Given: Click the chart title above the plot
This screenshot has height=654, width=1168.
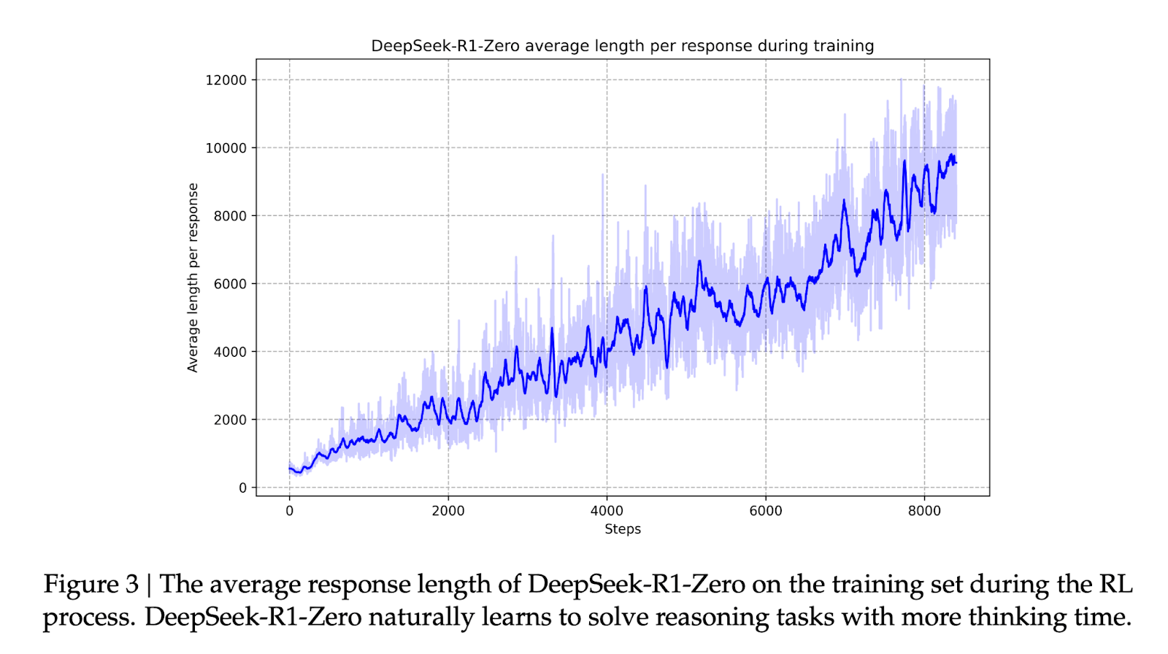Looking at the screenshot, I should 622,46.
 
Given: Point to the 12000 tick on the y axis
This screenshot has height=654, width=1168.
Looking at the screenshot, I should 226,80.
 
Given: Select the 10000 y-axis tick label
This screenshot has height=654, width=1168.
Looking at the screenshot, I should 226,148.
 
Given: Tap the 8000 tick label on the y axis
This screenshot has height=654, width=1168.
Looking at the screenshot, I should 230,216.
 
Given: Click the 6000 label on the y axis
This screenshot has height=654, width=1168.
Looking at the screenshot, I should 230,284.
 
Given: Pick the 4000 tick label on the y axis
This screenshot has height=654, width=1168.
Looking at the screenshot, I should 230,352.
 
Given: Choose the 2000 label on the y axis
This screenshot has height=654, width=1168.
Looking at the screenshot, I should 230,420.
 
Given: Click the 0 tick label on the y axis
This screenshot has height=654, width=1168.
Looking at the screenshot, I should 243,488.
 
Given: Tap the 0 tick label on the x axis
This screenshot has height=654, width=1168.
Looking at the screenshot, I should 290,511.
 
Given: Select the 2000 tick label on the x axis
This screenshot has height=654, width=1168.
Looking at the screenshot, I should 448,511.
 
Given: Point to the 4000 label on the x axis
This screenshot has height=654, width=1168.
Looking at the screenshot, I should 607,511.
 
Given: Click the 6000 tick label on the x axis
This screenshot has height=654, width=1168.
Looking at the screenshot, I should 766,511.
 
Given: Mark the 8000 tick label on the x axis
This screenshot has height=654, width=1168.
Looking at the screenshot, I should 924,511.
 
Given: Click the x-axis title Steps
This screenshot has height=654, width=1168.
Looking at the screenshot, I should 623,529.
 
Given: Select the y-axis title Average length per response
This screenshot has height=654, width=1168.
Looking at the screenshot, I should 193,277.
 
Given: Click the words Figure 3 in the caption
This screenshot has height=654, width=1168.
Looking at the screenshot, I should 91,585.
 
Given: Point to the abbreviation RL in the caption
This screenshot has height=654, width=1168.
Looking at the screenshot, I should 1116,585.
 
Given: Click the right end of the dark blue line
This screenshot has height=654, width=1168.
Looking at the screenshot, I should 956,163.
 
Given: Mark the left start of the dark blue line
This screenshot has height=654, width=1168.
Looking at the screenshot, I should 290,468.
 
